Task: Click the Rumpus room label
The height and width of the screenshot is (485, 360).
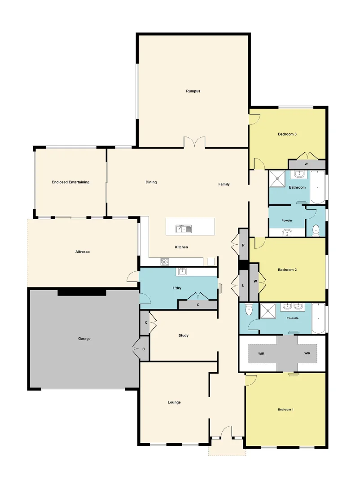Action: [x=193, y=91]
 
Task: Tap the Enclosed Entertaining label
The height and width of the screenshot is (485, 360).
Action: [x=70, y=182]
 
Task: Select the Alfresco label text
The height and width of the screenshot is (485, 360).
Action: [x=83, y=252]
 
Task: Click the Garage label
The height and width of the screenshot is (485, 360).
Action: [x=84, y=339]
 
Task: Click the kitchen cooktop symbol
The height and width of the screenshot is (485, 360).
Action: [x=165, y=261]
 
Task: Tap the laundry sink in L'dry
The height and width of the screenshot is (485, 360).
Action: [x=182, y=271]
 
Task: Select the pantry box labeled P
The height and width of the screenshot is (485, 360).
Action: [x=243, y=245]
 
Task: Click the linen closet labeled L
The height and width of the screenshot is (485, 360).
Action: [x=243, y=286]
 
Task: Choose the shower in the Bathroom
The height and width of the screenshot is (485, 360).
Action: [x=278, y=179]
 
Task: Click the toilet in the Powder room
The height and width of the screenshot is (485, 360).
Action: [x=316, y=229]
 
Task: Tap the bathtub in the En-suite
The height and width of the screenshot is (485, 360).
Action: [x=318, y=319]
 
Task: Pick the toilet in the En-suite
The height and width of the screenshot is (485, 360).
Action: [x=249, y=310]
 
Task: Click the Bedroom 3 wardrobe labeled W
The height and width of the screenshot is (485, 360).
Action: [x=307, y=164]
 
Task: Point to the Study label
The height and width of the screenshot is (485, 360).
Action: [x=183, y=335]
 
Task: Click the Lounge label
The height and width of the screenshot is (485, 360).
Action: [x=174, y=402]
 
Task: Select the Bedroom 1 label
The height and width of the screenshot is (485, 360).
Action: [x=285, y=410]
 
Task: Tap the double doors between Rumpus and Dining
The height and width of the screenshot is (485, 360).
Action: [x=194, y=142]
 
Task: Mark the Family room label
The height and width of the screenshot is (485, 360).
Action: [x=224, y=184]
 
